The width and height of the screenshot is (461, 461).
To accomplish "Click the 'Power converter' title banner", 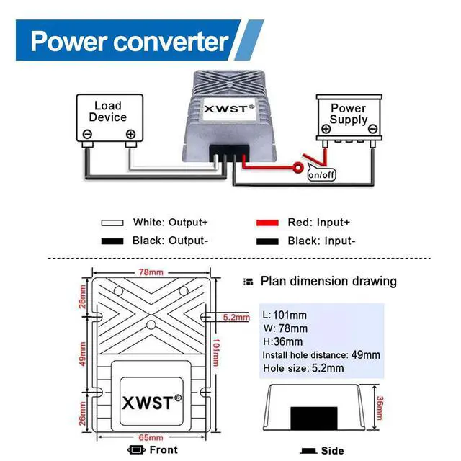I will click(x=130, y=41).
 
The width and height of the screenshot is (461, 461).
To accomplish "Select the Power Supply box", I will click(x=349, y=117).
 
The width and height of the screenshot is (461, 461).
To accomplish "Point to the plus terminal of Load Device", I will click(x=130, y=134).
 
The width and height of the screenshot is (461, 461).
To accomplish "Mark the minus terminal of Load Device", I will click(x=87, y=134).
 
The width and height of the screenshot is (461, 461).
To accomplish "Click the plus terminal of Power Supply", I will click(x=326, y=129).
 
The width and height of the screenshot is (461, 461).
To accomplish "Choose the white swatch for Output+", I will click(x=114, y=223).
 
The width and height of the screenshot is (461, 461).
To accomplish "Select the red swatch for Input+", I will click(x=268, y=223).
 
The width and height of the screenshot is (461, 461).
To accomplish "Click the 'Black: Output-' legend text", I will click(x=170, y=241).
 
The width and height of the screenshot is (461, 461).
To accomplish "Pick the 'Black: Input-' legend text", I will click(x=321, y=241).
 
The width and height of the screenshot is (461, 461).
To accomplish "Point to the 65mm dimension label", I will click(x=151, y=437).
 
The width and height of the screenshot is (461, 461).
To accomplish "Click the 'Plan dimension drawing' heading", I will click(x=328, y=281).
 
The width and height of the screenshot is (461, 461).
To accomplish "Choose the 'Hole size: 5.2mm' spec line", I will click(x=303, y=368).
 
